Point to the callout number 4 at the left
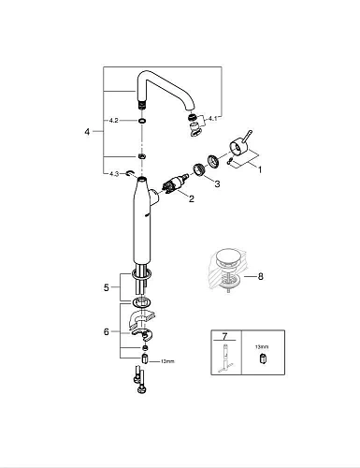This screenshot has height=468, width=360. [x=88, y=132]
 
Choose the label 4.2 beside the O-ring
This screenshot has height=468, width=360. [x=113, y=120]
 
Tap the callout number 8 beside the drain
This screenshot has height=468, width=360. [x=263, y=276]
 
